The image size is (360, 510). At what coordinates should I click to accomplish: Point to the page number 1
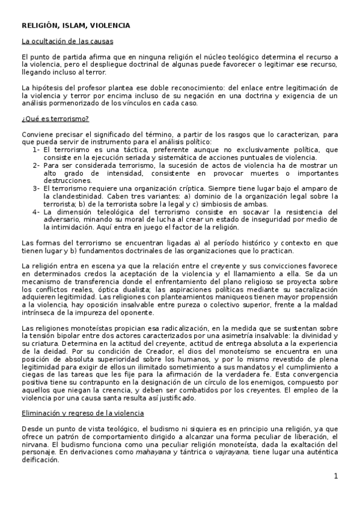(x=336, y=476)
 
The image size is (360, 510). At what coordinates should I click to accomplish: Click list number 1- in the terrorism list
(x=36, y=150)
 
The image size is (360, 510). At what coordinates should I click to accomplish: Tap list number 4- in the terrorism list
(x=36, y=211)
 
